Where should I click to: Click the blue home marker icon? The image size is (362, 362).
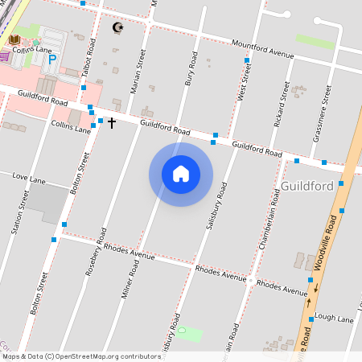click(x=181, y=174)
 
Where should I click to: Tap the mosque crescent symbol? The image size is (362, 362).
click(x=118, y=28)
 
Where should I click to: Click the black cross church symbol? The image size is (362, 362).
click(x=112, y=123)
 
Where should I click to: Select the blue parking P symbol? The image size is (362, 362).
click(x=53, y=59)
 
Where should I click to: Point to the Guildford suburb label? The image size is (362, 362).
click(x=307, y=186)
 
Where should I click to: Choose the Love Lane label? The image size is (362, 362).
click(x=28, y=176)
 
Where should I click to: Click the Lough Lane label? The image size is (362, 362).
click(x=334, y=319)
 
